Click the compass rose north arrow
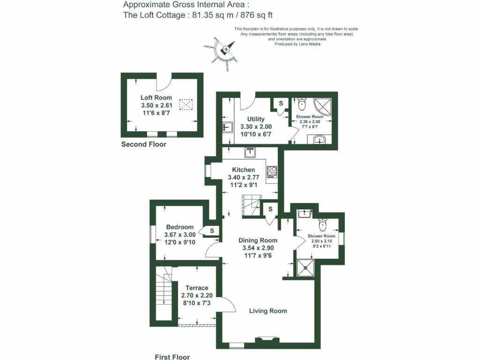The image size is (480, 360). (226, 49)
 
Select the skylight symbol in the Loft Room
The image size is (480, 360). (187, 104)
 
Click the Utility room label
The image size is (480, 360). (256, 119)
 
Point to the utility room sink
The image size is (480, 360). (227, 127)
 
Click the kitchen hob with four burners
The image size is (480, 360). (272, 172)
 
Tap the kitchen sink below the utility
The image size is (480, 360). (249, 153)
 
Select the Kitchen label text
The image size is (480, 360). (243, 170)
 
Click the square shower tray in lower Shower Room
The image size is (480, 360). (306, 268)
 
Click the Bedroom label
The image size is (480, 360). (180, 227)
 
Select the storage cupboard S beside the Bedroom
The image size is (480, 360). (212, 231)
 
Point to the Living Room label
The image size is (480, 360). (268, 311)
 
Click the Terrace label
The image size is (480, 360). (197, 288)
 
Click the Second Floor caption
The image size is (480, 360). (143, 144)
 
